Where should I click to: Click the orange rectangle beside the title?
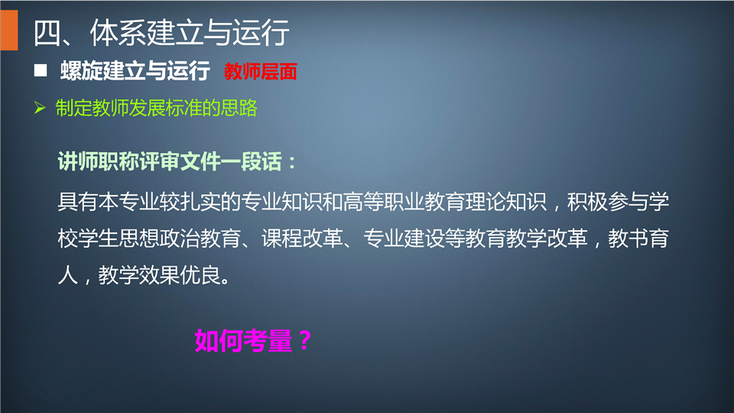9,31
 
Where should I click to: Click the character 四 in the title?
47,33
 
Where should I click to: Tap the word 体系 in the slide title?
118,33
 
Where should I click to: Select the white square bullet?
41,70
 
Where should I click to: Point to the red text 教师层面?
260,72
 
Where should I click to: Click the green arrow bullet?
40,108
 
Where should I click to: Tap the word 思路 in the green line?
239,108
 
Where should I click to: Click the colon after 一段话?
292,163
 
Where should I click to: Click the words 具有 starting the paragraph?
78,202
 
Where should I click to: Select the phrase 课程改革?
302,239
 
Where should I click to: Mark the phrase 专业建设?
404,239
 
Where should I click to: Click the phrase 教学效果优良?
160,275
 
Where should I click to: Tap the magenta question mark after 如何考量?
305,340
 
